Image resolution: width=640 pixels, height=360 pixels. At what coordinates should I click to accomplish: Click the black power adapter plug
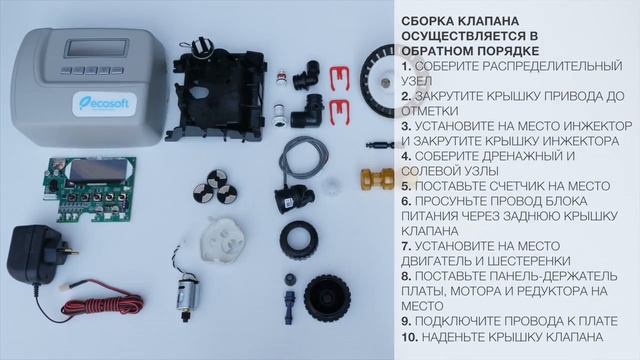click(36, 255)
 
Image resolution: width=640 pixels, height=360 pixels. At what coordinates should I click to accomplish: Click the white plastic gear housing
click(221, 240)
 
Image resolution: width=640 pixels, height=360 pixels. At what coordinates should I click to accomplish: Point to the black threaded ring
click(298, 241)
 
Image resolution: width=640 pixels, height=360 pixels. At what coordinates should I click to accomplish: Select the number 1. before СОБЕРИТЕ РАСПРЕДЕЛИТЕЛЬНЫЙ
click(408, 65)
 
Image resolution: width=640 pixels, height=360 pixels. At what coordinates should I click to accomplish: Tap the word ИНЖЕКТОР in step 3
click(572, 126)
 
